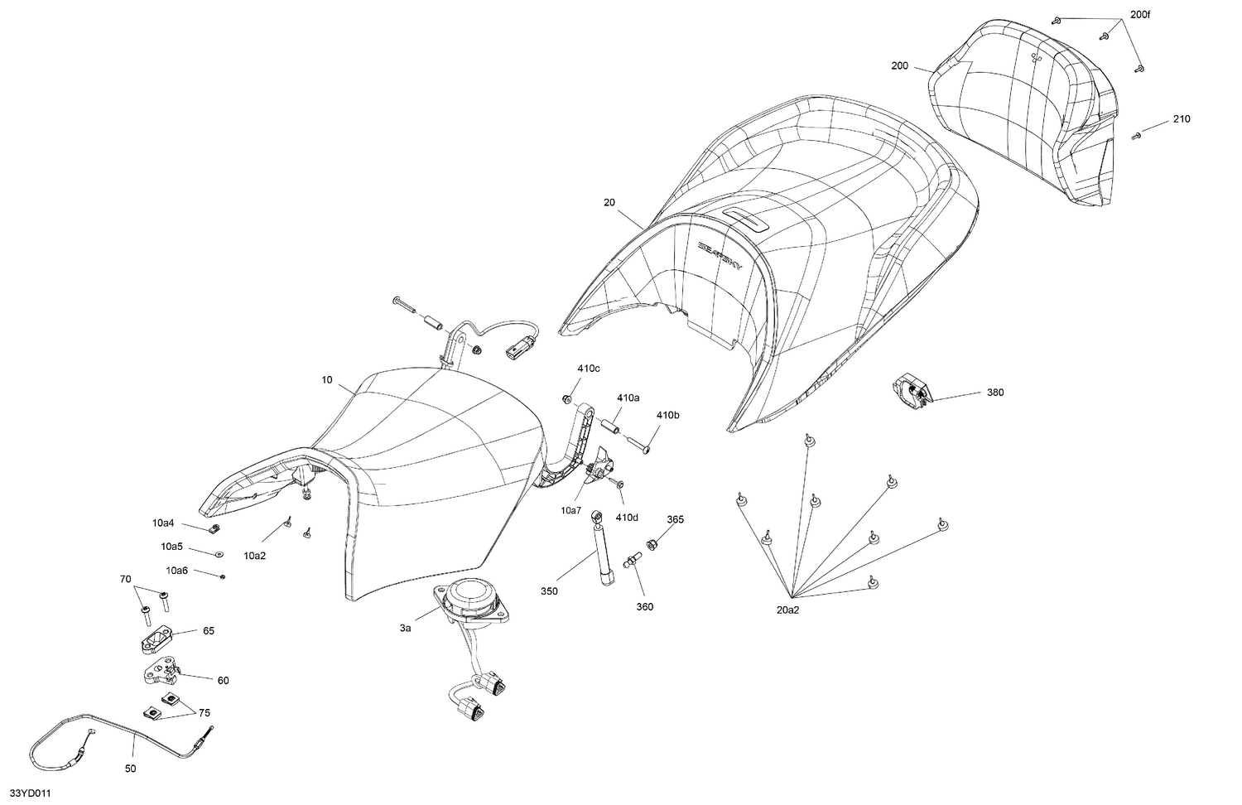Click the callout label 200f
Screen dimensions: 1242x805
tap(1140, 15)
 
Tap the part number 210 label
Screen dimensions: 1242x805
tap(1182, 119)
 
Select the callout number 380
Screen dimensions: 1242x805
tap(995, 393)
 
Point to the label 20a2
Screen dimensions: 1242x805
tap(788, 610)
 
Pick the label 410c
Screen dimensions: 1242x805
tap(588, 369)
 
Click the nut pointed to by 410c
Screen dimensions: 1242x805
tap(566, 398)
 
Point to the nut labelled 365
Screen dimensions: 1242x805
tap(652, 544)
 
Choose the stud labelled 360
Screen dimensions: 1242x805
tap(633, 559)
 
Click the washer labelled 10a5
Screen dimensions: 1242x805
tap(219, 553)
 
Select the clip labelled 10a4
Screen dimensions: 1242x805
tap(215, 528)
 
